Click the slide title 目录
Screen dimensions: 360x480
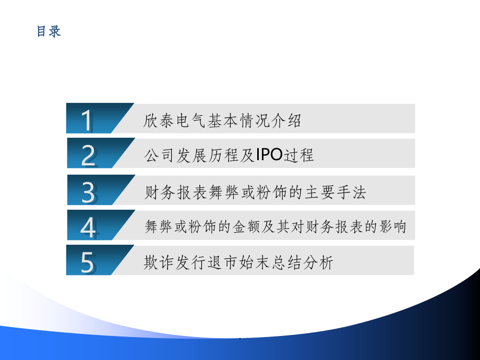coord(49,31)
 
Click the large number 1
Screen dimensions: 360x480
coord(87,121)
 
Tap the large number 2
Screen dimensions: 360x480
coord(89,155)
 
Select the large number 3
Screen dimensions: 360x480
coord(89,192)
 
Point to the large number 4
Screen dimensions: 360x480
coord(89,227)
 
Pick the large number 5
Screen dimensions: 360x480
coord(88,262)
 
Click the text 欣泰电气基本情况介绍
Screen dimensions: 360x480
coord(222,122)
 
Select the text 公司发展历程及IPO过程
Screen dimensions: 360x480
coord(229,155)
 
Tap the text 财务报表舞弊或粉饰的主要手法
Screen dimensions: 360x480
coord(255,193)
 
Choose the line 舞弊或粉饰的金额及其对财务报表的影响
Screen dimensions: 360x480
coord(275,227)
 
